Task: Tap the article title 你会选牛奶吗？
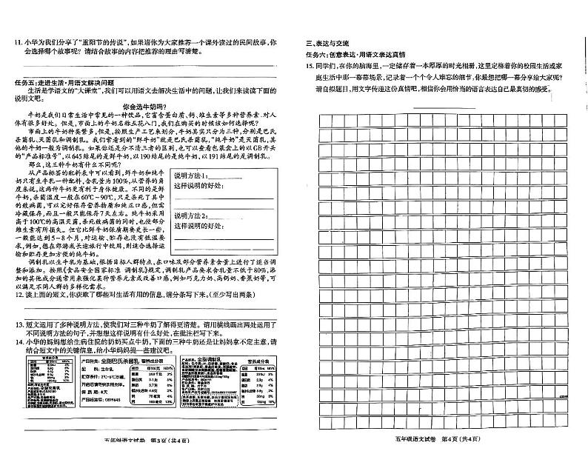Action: (151, 106)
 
